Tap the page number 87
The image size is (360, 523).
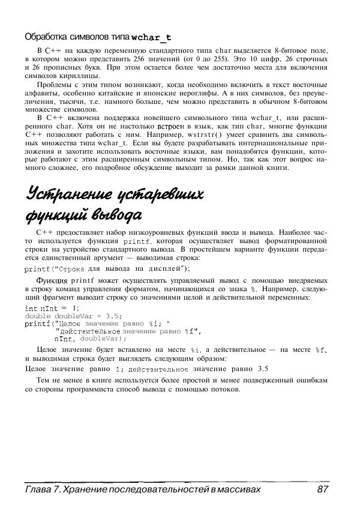point(323,490)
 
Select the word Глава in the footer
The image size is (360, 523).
point(38,490)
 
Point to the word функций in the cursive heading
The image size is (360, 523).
point(56,214)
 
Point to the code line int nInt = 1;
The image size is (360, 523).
point(52,308)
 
